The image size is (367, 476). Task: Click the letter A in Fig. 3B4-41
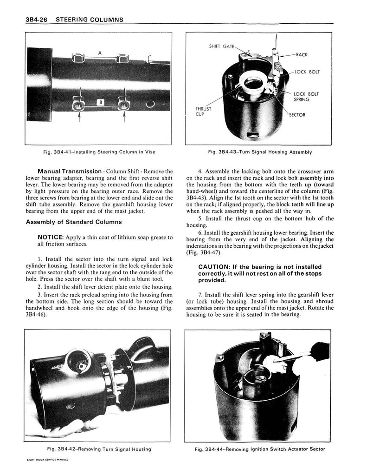100,53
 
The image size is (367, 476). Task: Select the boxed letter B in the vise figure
100,102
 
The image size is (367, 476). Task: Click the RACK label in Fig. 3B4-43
302,54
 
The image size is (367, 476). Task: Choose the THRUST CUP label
203,111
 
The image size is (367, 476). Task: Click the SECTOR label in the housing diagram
297,115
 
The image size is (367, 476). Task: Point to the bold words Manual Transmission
70,172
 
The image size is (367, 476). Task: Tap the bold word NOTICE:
51,238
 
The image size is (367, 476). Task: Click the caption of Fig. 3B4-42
99,449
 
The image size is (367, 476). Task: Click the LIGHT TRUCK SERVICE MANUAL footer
49,459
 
